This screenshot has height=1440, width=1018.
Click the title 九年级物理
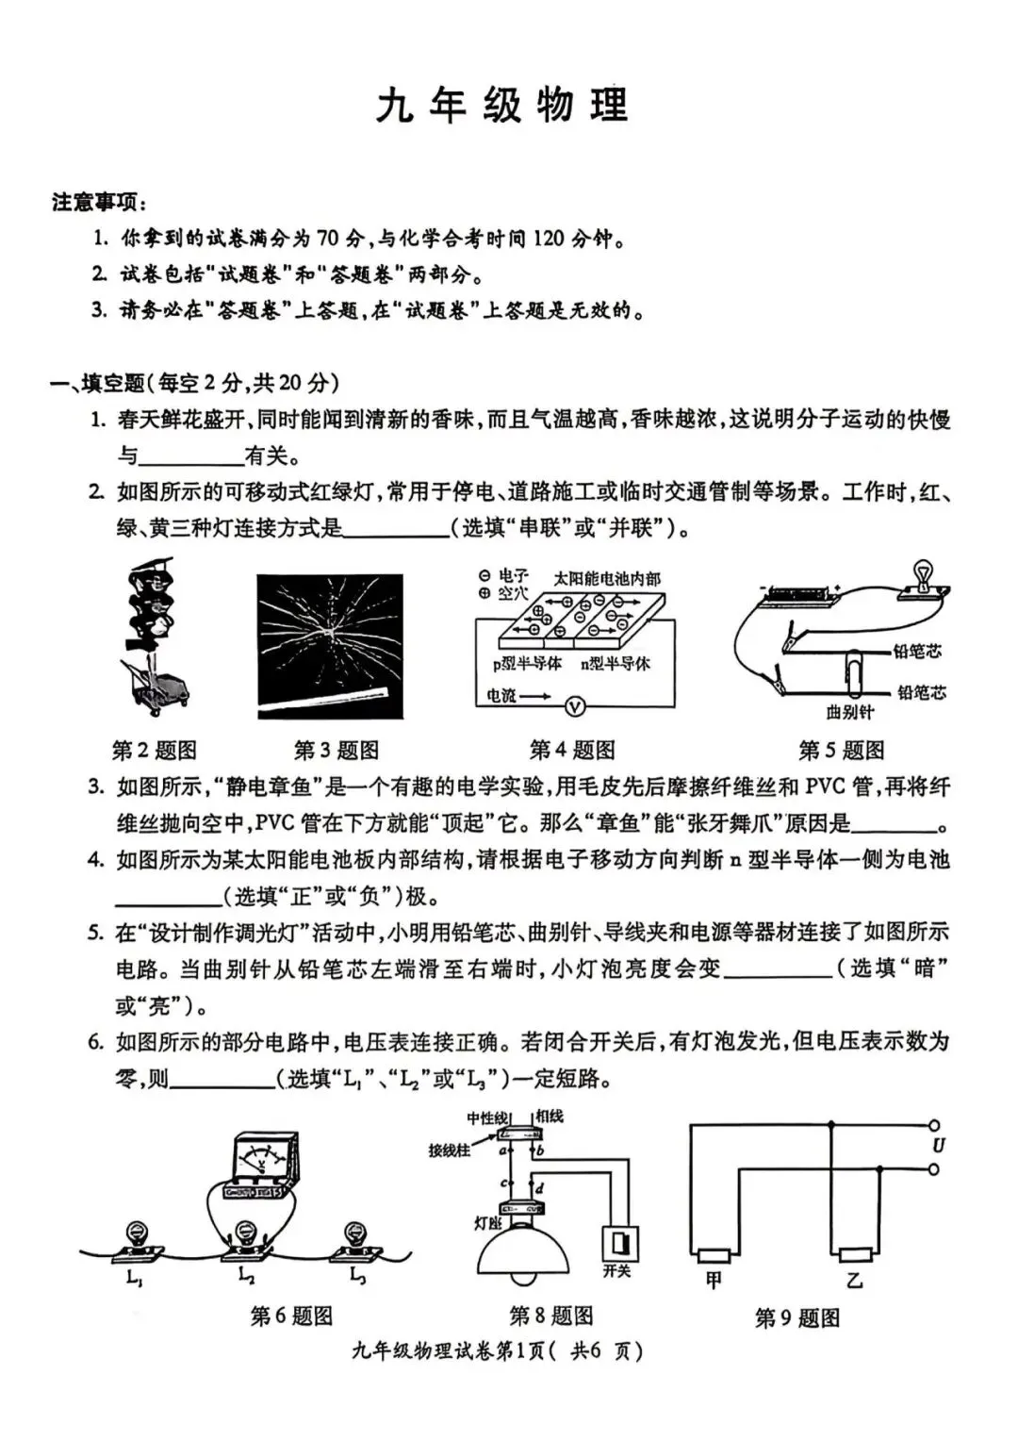[x=502, y=106]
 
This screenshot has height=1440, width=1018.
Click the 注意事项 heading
[x=93, y=203]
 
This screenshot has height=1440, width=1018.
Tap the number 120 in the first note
[x=549, y=239]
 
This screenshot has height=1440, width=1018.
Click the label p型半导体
[x=527, y=663]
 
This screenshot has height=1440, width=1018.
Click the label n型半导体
[x=616, y=663]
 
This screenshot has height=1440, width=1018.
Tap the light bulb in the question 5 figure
[x=921, y=576]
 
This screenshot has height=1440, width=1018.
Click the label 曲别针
[x=850, y=712]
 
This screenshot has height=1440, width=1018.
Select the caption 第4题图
[x=572, y=750]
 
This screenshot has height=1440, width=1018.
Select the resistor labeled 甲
[x=714, y=1255]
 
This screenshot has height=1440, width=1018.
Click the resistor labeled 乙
[x=855, y=1255]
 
